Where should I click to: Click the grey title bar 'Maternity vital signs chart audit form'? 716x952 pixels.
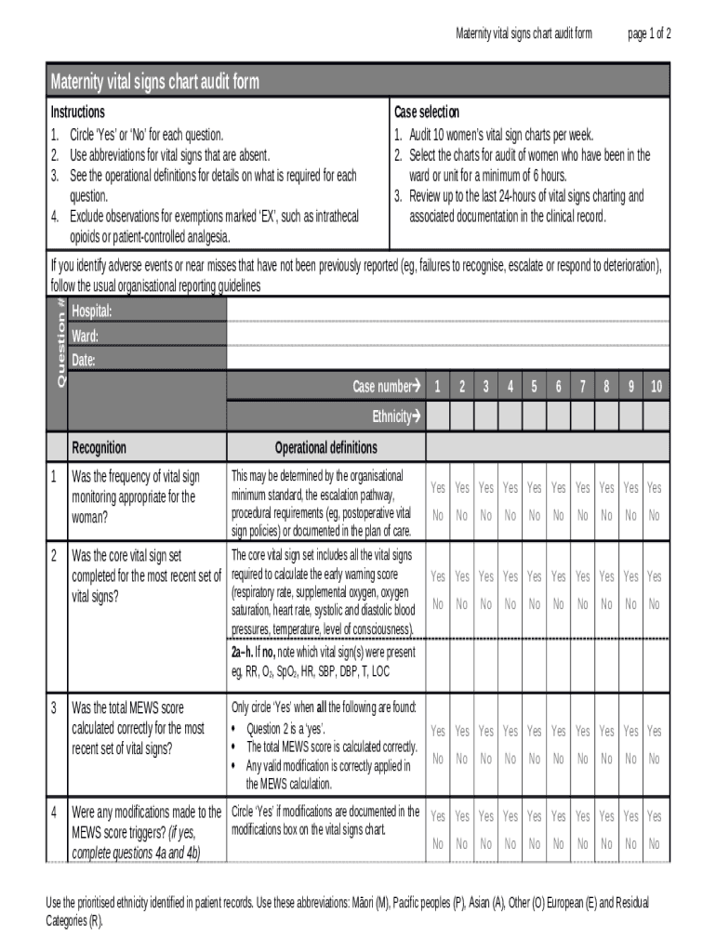click(x=358, y=82)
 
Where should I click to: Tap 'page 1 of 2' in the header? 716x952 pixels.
click(x=649, y=34)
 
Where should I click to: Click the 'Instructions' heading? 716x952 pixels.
click(x=77, y=112)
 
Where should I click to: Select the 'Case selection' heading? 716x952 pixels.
click(x=426, y=112)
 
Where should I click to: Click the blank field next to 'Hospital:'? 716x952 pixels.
click(x=446, y=311)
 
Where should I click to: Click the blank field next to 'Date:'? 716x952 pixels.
click(x=446, y=360)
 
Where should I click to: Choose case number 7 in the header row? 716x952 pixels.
click(x=582, y=387)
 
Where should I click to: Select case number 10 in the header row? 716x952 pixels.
click(x=656, y=387)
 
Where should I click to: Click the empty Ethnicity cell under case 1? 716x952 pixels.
click(x=438, y=417)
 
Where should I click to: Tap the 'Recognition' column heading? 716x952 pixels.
click(x=99, y=447)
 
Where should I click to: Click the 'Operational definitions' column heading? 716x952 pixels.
click(x=325, y=447)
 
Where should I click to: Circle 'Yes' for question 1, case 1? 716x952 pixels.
click(x=438, y=488)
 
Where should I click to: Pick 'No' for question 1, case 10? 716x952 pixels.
click(x=655, y=515)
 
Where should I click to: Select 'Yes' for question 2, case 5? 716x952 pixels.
click(x=534, y=576)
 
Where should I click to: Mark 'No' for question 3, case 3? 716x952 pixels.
click(x=485, y=759)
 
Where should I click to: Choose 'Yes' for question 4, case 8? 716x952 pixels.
click(x=606, y=816)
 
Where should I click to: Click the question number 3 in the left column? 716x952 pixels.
click(x=54, y=708)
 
